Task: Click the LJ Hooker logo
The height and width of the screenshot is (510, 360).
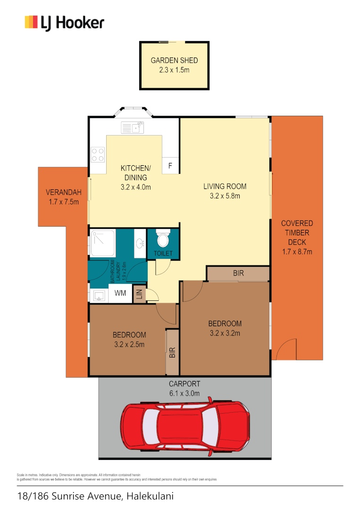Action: coord(64,23)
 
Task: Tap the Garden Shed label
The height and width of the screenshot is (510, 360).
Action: coord(174,60)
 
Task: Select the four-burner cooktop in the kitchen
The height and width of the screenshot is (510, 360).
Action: coord(98,154)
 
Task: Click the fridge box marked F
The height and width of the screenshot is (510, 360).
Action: coord(170,166)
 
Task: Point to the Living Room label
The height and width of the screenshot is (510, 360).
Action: coord(225,186)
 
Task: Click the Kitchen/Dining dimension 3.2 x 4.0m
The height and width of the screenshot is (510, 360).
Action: coord(135,187)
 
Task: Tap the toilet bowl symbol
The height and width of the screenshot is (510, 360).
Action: coord(163,239)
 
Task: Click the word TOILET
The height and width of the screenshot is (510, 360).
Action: coord(163,254)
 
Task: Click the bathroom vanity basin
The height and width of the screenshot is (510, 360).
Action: coord(140,243)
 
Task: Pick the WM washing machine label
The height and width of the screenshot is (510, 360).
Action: coord(121,293)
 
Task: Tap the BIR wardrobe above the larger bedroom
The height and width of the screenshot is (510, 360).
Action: coord(238,273)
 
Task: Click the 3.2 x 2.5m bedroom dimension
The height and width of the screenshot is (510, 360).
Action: coord(129,344)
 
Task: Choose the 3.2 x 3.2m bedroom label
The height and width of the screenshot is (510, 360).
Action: coord(225,333)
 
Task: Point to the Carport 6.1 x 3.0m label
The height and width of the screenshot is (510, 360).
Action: coord(184,388)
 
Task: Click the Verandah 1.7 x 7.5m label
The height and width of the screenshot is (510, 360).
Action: coord(63,197)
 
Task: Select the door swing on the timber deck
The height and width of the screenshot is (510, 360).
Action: coord(286,350)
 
